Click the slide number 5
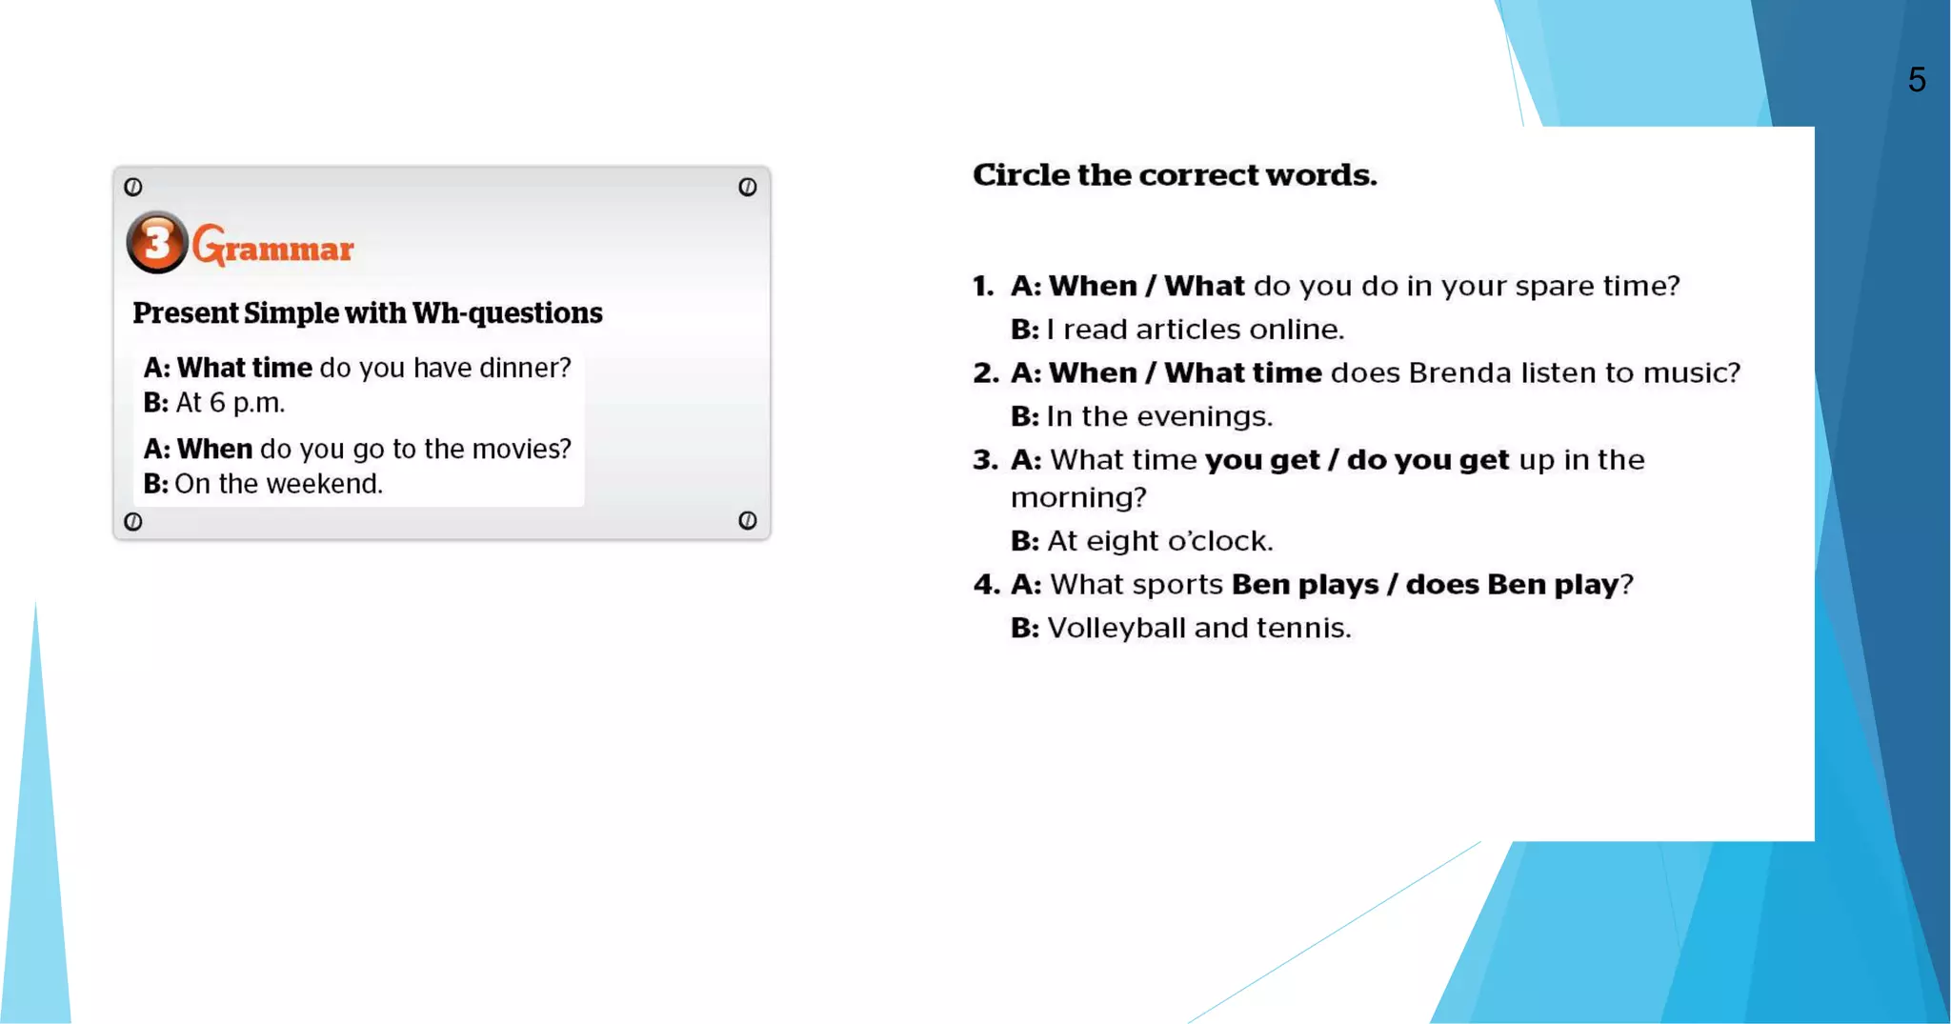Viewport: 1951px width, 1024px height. click(x=1917, y=80)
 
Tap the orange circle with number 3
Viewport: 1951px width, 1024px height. click(x=157, y=242)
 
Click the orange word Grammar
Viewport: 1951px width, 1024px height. click(x=273, y=247)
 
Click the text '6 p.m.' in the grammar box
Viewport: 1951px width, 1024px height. click(x=247, y=403)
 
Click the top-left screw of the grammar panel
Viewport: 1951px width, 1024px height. click(x=133, y=187)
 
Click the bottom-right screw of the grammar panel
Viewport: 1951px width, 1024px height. click(x=748, y=520)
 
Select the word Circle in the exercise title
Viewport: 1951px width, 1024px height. click(x=1021, y=175)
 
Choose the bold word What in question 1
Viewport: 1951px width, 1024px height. click(x=1204, y=286)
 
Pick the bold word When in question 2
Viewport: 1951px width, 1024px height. click(x=1093, y=372)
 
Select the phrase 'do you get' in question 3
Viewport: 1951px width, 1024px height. click(x=1428, y=460)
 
